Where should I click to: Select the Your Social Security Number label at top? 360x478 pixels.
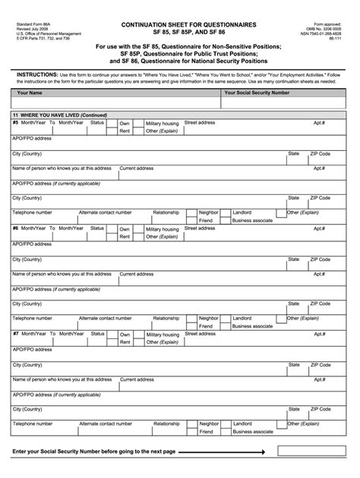[x=257, y=93]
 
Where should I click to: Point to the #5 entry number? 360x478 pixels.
[x=15, y=122]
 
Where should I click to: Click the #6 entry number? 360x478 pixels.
[x=15, y=228]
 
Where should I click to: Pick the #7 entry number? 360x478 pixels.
[x=15, y=333]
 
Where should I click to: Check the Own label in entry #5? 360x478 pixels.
[x=125, y=123]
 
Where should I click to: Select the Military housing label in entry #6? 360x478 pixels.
[x=163, y=228]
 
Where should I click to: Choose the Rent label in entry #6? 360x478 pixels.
[x=125, y=237]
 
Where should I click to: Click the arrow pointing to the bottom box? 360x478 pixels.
[x=228, y=451]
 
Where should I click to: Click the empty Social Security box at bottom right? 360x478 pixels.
[x=311, y=451]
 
